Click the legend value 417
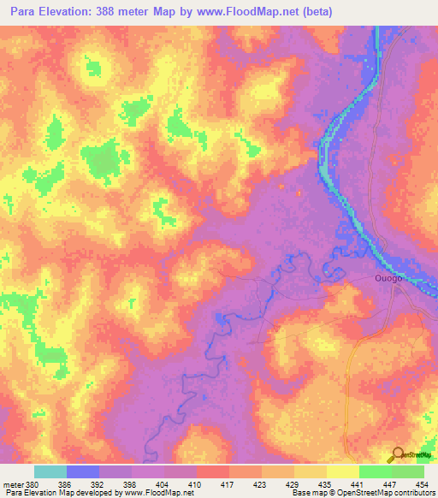click(228, 484)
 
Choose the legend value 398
click(131, 484)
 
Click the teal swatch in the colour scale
click(50, 471)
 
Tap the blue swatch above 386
click(83, 471)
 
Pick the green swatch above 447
click(376, 471)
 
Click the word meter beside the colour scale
click(12, 484)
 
